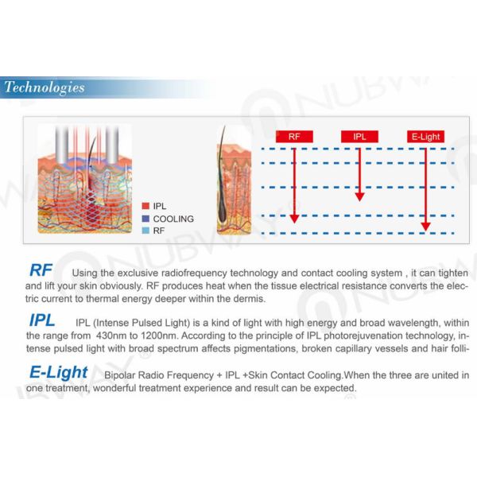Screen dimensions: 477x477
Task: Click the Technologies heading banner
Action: (x=45, y=87)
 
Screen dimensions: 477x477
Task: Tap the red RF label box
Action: (x=294, y=136)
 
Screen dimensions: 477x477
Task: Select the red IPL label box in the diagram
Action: (x=359, y=136)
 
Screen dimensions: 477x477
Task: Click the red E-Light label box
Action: (x=425, y=136)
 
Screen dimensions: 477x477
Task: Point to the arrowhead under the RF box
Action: (x=294, y=217)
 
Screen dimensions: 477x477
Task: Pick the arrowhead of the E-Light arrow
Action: (x=425, y=226)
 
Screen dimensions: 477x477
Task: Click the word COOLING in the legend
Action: (x=173, y=219)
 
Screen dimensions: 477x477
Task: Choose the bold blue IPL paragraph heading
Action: (x=41, y=321)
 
